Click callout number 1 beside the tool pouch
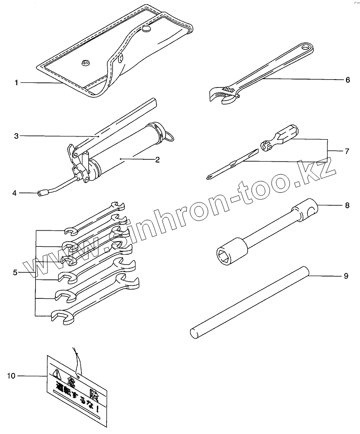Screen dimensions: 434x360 [x=16, y=83]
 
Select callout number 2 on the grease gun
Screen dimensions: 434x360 [x=157, y=160]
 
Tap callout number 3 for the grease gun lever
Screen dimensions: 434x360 [x=16, y=136]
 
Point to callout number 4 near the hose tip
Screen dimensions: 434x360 [x=15, y=192]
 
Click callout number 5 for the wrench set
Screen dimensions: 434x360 [x=16, y=272]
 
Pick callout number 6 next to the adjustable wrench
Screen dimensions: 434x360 [x=347, y=80]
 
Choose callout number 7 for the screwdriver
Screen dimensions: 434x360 [x=347, y=151]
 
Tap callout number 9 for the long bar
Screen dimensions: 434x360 [x=346, y=276]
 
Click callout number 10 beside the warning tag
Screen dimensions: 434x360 [x=12, y=375]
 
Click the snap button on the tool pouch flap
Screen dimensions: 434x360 [x=147, y=30]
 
